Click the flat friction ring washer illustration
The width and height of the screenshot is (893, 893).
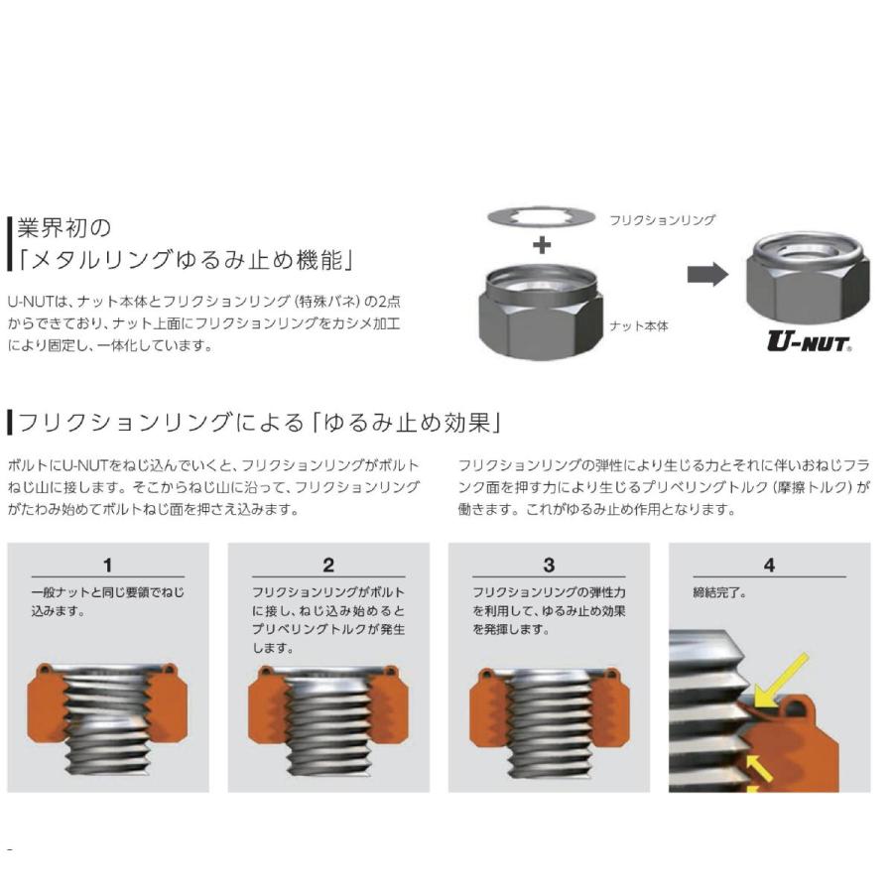tap(541, 218)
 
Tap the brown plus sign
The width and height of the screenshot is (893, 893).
tap(542, 246)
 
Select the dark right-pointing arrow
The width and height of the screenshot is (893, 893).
tap(707, 274)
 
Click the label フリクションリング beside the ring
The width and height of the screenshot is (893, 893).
tap(663, 220)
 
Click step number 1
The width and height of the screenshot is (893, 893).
tap(107, 566)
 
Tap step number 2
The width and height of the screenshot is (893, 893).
tap(328, 566)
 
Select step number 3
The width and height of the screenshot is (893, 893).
tap(549, 566)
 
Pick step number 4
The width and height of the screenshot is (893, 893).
tap(769, 566)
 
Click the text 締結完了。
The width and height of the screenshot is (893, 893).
tap(719, 593)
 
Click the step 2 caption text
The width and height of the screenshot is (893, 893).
tap(328, 620)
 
